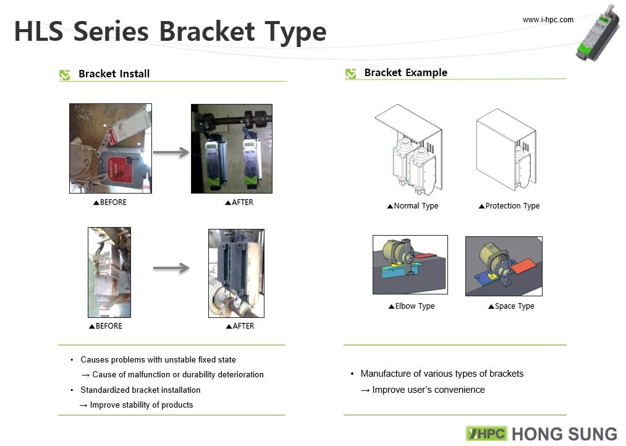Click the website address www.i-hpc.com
(548, 20)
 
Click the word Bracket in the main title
(207, 31)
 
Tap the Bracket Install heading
(114, 74)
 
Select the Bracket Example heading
(405, 72)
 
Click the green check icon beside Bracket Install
(64, 75)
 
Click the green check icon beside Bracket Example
(350, 74)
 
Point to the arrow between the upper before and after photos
(171, 152)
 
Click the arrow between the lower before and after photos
(171, 268)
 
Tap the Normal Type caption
(412, 206)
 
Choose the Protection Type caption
(509, 206)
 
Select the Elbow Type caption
(411, 306)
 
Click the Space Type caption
(511, 306)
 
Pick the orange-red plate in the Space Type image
(523, 265)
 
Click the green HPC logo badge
(486, 434)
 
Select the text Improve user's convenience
(428, 390)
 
